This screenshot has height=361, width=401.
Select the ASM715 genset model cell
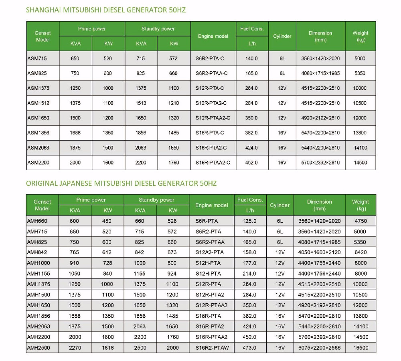click(x=37, y=58)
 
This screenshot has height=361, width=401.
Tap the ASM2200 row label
click(x=38, y=163)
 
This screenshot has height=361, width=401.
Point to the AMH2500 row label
click(x=38, y=348)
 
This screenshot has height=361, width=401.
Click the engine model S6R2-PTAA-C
click(x=211, y=73)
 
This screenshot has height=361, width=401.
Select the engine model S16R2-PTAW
click(x=212, y=348)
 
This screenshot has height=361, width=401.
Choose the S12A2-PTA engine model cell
click(x=210, y=252)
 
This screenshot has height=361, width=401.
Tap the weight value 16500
click(x=360, y=348)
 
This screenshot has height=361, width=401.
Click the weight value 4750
click(x=360, y=221)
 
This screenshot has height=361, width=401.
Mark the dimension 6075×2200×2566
click(x=319, y=348)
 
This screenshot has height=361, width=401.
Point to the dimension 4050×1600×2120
click(x=319, y=252)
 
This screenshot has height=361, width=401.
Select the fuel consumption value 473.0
click(x=249, y=348)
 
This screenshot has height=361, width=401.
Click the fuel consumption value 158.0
click(x=249, y=252)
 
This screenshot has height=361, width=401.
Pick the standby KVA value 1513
click(x=140, y=103)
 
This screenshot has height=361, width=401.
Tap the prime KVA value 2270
click(x=75, y=348)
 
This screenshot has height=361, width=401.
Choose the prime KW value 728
click(x=107, y=263)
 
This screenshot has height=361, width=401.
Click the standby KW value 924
click(x=172, y=274)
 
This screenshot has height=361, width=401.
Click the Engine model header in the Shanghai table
click(x=213, y=36)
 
